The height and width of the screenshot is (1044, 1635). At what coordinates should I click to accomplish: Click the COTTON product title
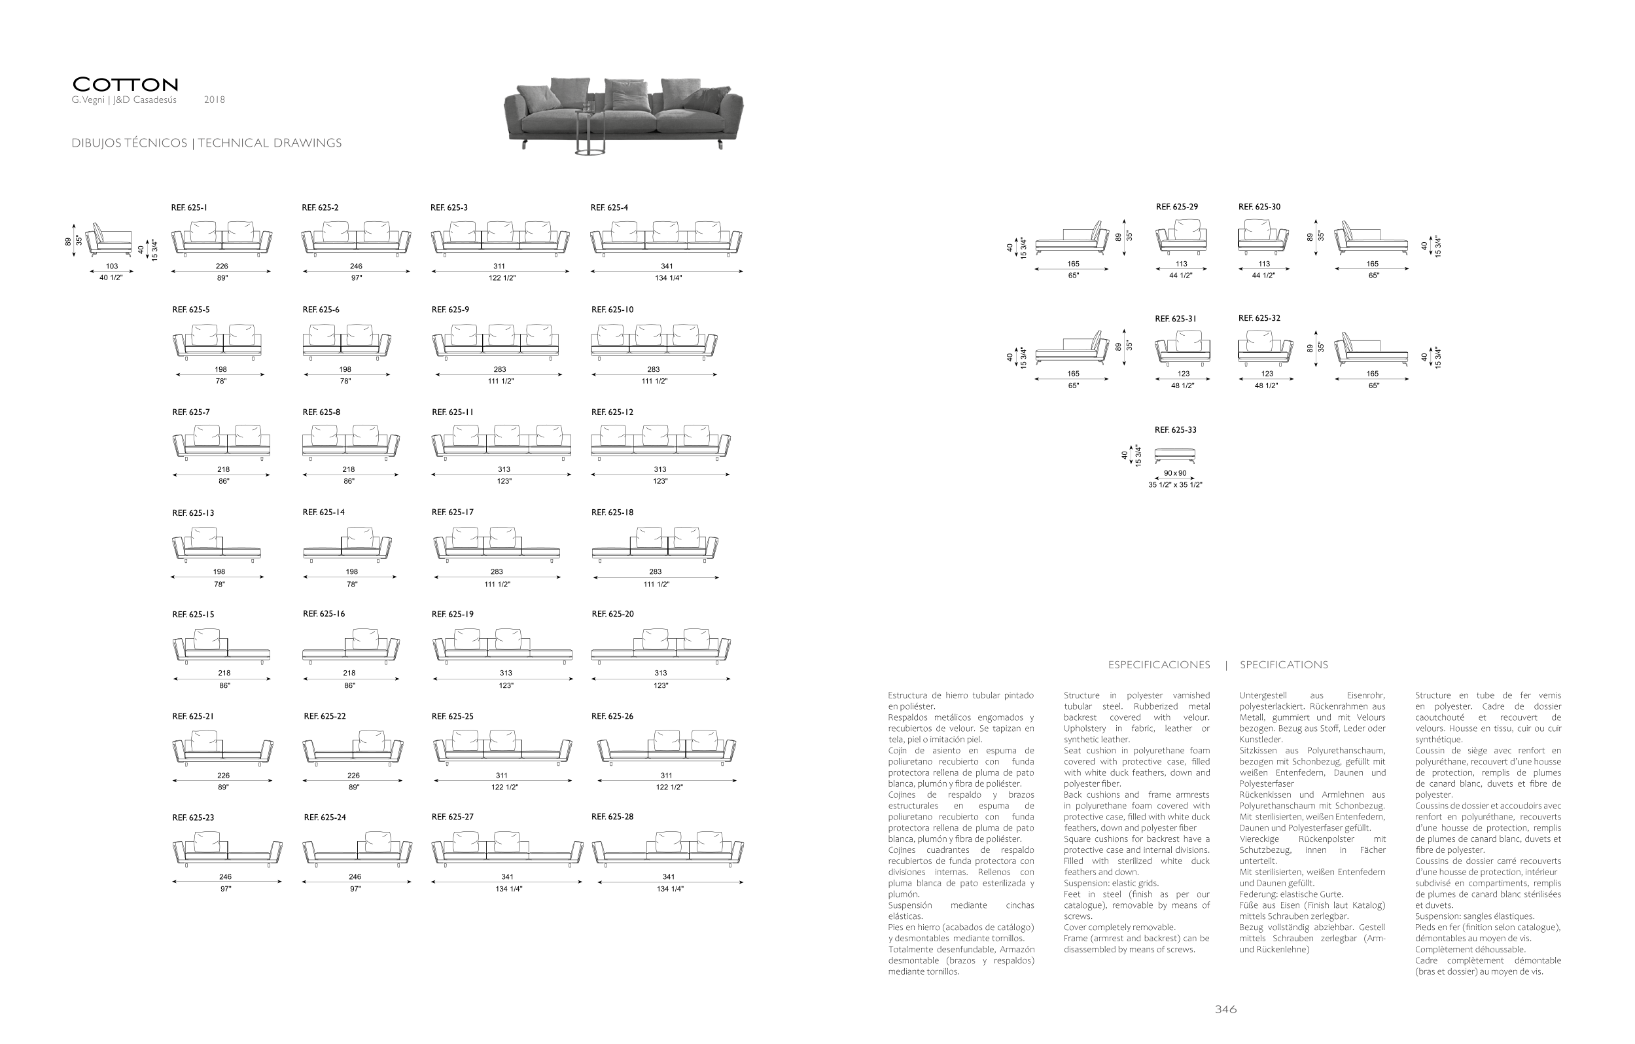tap(126, 85)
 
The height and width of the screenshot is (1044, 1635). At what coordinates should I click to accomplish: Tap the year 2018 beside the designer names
tap(214, 100)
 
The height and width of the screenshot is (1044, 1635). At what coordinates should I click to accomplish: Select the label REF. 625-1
tap(189, 208)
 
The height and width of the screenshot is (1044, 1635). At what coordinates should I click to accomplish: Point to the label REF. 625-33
tap(1175, 430)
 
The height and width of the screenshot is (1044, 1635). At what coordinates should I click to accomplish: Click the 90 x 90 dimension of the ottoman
tap(1174, 473)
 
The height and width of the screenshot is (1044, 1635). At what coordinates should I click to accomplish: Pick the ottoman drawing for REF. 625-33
tap(1174, 456)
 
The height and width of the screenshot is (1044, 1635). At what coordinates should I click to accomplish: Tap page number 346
tap(1225, 1009)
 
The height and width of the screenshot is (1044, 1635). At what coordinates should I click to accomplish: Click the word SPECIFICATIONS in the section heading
tap(1283, 665)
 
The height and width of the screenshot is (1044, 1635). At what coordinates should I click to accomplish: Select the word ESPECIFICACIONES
tap(1159, 665)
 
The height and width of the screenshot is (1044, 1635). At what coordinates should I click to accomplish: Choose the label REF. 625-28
tap(612, 816)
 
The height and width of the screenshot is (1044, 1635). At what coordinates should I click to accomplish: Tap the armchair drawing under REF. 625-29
tap(1182, 236)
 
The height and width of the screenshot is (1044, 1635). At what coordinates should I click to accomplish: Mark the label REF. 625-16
tap(324, 614)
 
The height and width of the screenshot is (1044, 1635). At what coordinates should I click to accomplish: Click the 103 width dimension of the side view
tap(111, 266)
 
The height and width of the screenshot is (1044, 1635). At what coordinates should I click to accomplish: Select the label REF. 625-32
tap(1259, 318)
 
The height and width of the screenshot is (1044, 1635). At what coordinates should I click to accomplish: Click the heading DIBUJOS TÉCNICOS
tap(129, 143)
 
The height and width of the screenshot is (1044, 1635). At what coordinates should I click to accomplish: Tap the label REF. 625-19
tap(452, 614)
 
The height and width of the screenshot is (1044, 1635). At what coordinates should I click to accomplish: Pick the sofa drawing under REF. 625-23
tap(227, 849)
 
